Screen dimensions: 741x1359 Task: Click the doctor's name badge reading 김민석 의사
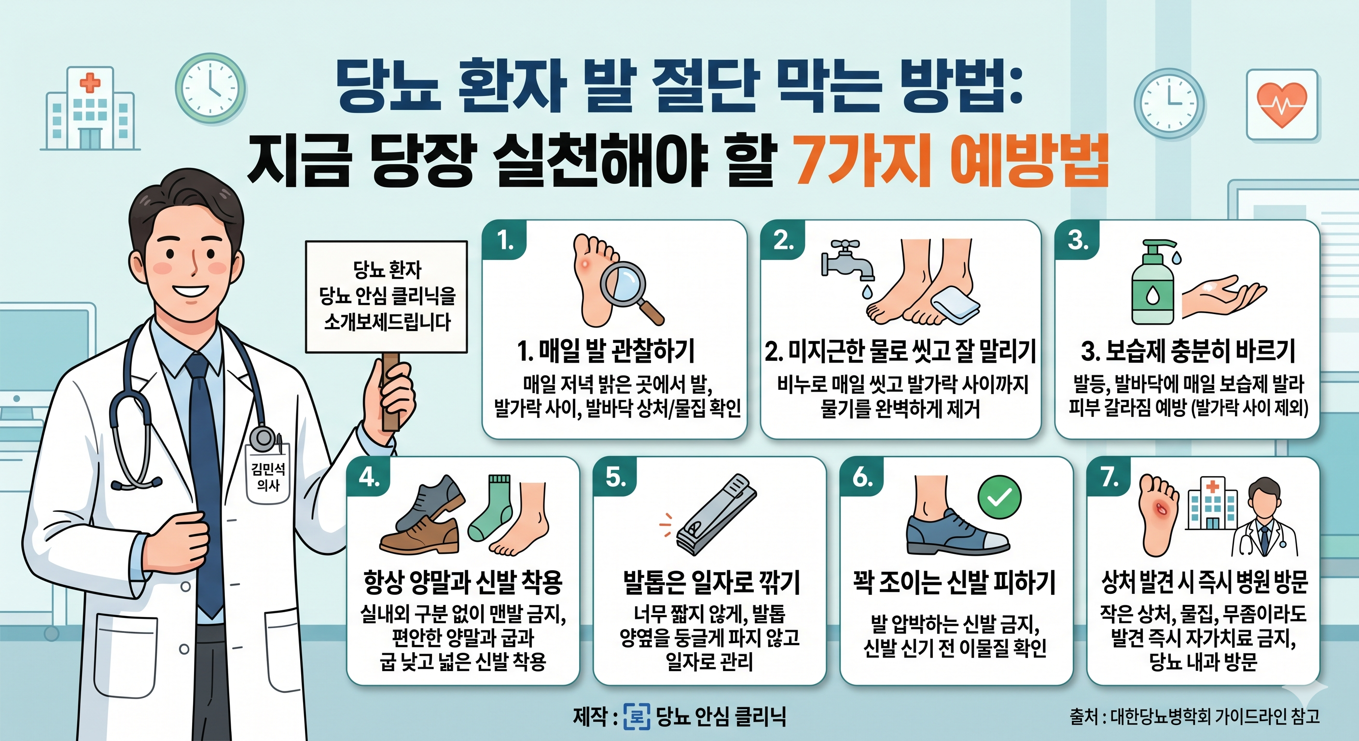tap(268, 476)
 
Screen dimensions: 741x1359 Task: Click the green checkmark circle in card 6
tap(999, 497)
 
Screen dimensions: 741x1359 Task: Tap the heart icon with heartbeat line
tap(1281, 104)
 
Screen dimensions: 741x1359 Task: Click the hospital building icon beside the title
tap(90, 109)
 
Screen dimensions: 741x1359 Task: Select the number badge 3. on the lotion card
tap(1077, 241)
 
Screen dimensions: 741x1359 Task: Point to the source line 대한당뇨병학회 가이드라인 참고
tap(1194, 716)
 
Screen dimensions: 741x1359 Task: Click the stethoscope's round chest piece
tap(262, 439)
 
